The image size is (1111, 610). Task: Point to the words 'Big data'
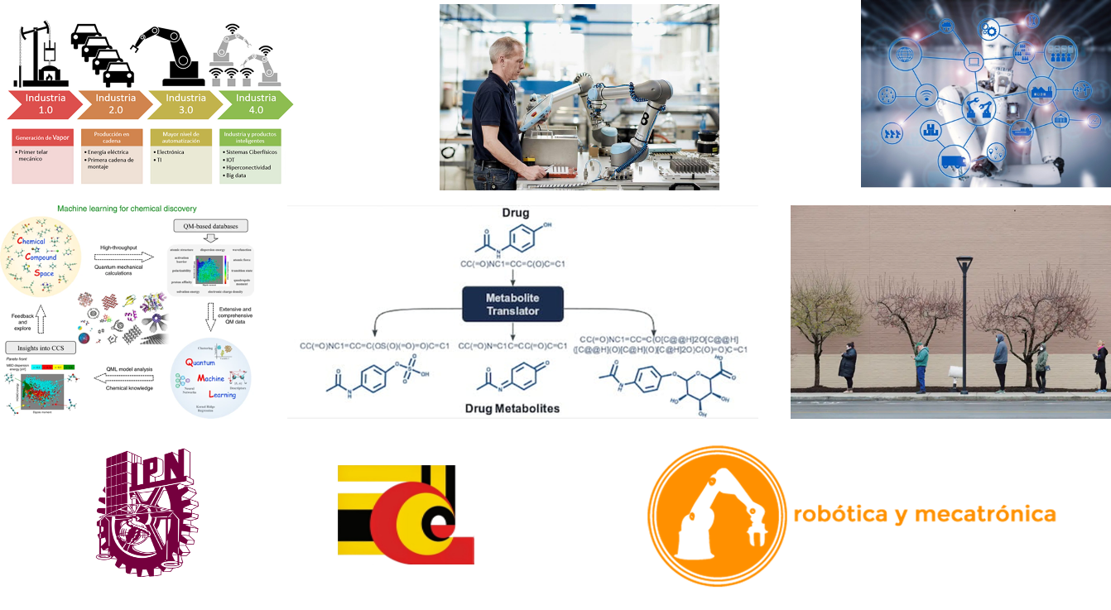(x=237, y=175)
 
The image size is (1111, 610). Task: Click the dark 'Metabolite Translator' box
(x=512, y=305)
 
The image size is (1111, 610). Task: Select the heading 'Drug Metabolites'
(x=512, y=408)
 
